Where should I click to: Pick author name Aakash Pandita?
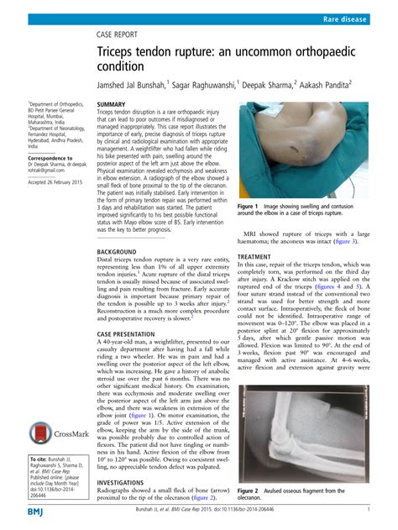[x=320, y=85]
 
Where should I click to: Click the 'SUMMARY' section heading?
[x=111, y=104]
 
